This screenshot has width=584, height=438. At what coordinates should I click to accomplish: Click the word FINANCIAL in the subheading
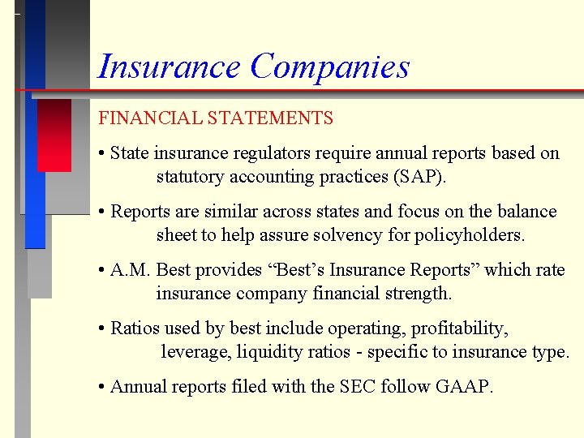[x=150, y=118]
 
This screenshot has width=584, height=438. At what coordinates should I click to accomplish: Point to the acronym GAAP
[x=466, y=387]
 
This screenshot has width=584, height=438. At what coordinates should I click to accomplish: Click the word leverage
[x=192, y=352]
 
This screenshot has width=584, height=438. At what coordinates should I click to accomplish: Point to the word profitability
[x=459, y=328]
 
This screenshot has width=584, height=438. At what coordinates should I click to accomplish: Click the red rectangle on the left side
[x=54, y=135]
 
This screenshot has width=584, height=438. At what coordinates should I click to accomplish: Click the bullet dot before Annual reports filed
[x=102, y=388]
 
